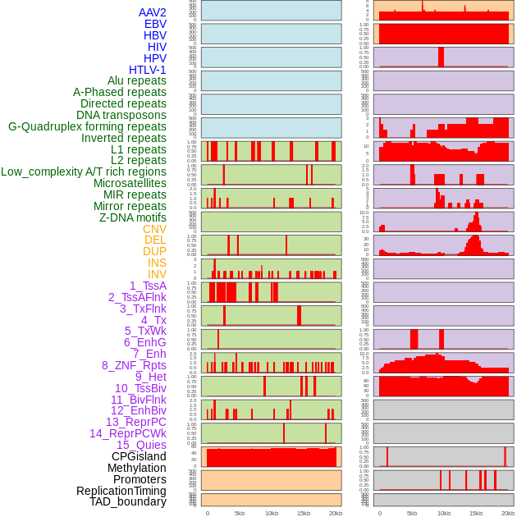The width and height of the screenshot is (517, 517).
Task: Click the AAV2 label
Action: pos(152,12)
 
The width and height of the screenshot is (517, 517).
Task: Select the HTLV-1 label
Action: pos(147,70)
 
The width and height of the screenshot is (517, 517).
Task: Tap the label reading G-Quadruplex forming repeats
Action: pos(87,126)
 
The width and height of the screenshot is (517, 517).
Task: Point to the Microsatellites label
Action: pos(130,183)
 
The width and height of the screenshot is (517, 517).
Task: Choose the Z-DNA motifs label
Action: pos(132,217)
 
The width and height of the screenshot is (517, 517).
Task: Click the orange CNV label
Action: pos(154,229)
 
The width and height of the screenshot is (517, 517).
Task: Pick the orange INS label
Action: pos(157,263)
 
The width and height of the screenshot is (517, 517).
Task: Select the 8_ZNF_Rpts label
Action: pos(134,365)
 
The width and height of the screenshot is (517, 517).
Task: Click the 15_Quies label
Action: pos(141,445)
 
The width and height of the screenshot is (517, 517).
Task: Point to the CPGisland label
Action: pos(139,456)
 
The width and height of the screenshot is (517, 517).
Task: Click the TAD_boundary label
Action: pos(128,501)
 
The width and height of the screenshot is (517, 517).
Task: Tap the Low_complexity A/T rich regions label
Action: pos(84,172)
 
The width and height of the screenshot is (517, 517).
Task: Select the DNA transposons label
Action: pos(121,115)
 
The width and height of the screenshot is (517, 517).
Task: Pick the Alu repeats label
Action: pos(137,80)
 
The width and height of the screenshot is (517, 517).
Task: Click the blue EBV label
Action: pos(155,24)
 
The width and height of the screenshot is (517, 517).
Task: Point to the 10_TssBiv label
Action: pos(140,388)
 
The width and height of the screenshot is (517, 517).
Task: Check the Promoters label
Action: pos(140,479)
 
